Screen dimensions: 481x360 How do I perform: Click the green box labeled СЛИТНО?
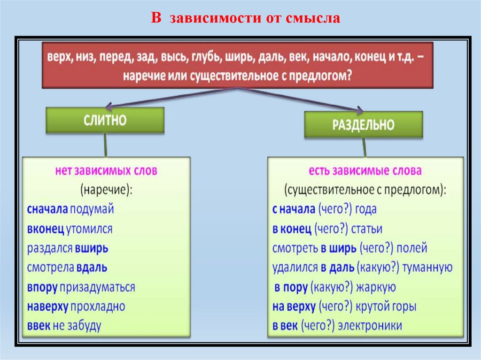(105, 120)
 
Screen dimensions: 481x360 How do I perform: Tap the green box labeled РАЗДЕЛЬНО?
(363, 124)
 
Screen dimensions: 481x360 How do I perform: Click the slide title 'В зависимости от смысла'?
(245, 19)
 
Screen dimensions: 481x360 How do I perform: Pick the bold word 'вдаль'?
(93, 268)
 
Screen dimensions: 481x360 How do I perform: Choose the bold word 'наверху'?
(48, 306)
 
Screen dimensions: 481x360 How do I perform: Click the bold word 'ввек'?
(39, 326)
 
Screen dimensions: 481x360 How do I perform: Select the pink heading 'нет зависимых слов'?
(106, 171)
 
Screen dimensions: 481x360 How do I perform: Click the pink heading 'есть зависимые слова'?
(365, 171)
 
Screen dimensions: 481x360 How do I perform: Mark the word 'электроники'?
(374, 326)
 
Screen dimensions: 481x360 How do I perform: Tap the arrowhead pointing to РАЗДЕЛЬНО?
(359, 111)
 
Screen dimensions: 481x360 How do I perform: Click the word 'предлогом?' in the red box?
(326, 76)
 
